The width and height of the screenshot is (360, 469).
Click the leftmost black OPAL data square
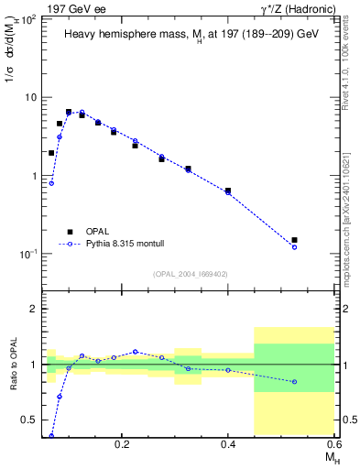(51, 153)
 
